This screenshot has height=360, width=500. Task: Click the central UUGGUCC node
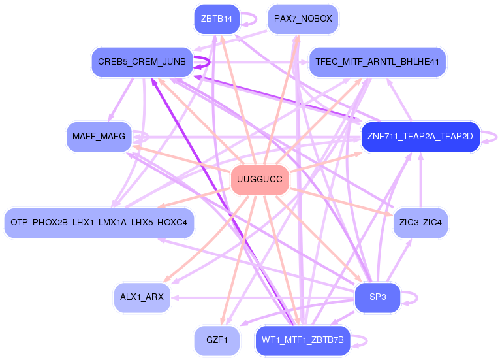[x=260, y=180]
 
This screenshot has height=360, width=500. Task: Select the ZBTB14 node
[x=217, y=19]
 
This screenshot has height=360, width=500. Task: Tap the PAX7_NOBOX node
[x=303, y=19]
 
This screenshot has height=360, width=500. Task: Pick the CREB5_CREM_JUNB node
[x=142, y=62]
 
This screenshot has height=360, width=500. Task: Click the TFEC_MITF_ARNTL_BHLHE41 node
[x=377, y=62]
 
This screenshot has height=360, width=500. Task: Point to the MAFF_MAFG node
[x=99, y=137]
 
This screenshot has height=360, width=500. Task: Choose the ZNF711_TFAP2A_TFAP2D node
[x=420, y=137]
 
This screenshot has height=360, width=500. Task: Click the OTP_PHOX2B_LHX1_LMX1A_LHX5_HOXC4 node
[x=99, y=223]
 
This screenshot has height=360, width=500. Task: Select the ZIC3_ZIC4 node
[x=420, y=223]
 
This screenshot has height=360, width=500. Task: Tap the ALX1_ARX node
[x=142, y=297]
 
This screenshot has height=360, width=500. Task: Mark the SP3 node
[x=377, y=297]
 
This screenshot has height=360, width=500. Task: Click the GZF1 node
[x=217, y=340]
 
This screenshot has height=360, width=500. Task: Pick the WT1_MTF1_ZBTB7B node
[x=303, y=340]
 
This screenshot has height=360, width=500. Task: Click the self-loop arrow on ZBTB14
[x=256, y=19]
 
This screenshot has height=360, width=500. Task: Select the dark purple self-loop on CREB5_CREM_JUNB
[x=210, y=62]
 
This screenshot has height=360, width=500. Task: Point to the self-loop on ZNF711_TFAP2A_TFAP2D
[x=497, y=137]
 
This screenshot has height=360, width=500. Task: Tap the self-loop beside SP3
[x=416, y=297]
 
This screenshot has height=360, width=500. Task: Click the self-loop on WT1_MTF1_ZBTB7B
[x=367, y=340]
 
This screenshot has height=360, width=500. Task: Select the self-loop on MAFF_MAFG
[x=148, y=137]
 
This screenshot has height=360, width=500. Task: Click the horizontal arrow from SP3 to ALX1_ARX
[x=263, y=298]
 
